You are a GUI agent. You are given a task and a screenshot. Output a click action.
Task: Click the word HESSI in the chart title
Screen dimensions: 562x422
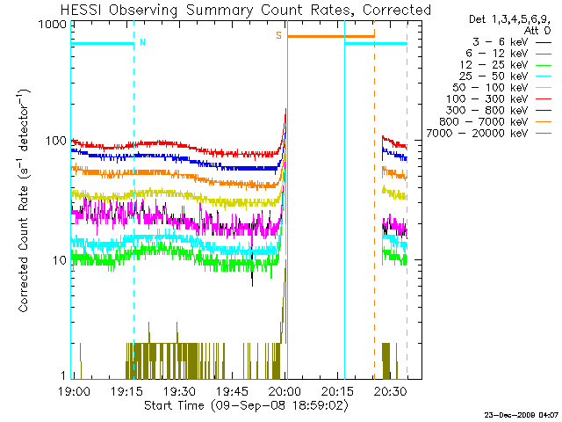pos(82,10)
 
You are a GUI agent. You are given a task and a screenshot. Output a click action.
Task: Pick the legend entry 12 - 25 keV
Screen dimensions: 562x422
pos(494,65)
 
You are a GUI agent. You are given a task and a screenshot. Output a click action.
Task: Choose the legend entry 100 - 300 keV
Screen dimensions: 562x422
pos(486,99)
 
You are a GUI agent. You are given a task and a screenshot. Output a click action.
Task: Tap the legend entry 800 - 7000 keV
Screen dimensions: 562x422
pos(483,122)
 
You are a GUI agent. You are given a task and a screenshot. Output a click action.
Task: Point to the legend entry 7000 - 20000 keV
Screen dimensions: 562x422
pos(477,134)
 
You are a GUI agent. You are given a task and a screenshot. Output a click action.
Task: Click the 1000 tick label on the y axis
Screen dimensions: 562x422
pos(53,24)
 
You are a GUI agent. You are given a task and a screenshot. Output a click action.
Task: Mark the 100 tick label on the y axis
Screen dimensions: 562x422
pos(56,141)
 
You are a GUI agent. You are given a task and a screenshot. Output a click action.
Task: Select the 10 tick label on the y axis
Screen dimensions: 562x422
pos(60,260)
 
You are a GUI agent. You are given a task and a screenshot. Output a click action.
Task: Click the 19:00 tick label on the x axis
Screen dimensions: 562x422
pos(74,390)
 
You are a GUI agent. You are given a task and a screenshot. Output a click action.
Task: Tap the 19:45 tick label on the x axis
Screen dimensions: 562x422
pos(232,390)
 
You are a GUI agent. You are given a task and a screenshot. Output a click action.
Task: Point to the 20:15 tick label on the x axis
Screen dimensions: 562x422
pos(337,390)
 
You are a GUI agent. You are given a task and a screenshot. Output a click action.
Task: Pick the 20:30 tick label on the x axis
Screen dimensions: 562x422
pos(390,390)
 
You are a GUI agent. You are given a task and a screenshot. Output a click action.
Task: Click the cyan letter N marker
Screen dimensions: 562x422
pos(142,42)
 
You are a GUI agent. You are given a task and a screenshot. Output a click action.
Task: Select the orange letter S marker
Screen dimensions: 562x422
pos(278,35)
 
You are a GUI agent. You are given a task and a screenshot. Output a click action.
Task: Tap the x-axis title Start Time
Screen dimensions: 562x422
pos(174,405)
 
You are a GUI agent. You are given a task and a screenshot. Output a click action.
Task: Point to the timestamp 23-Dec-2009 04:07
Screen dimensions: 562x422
pos(521,415)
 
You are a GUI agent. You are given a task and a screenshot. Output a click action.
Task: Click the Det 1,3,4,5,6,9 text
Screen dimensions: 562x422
pos(509,19)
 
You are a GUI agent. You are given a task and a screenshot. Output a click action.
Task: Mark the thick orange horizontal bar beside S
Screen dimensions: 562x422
pos(331,36)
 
